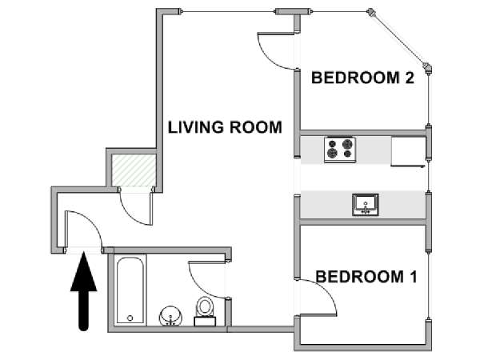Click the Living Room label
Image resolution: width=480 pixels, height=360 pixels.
pos(225,127)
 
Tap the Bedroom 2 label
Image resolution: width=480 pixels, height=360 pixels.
pos(362,78)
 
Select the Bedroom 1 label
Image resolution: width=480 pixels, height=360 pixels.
pos(366,277)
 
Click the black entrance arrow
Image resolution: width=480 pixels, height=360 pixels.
pos(83,291)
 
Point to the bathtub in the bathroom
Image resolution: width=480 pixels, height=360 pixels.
pos(130,290)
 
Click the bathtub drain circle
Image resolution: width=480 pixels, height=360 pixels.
pos(130,318)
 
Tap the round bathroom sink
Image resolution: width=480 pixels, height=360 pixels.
pos(170,317)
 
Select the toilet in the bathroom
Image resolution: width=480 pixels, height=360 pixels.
pos(205,311)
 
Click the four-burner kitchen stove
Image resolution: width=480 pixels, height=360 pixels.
pos(340,150)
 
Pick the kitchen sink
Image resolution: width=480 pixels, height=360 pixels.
pos(366,205)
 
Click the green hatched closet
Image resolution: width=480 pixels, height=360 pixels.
pos(134,170)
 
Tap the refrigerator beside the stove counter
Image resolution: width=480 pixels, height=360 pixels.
pos(408,151)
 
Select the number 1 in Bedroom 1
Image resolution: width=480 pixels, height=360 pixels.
pos(414,277)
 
